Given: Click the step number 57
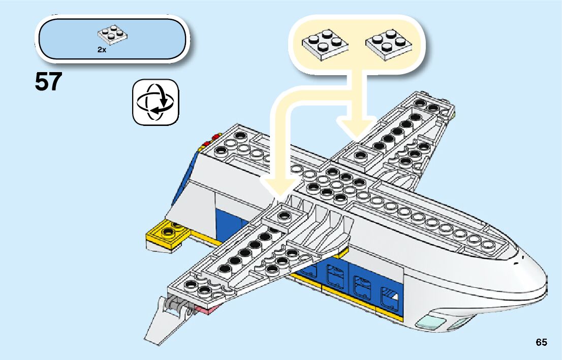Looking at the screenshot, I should coord(49,82).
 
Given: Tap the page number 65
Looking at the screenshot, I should coord(541,342).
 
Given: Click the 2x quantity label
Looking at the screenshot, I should coord(102,50).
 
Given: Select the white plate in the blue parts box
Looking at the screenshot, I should coord(113,34).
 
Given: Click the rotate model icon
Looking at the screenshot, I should coord(156,102).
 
